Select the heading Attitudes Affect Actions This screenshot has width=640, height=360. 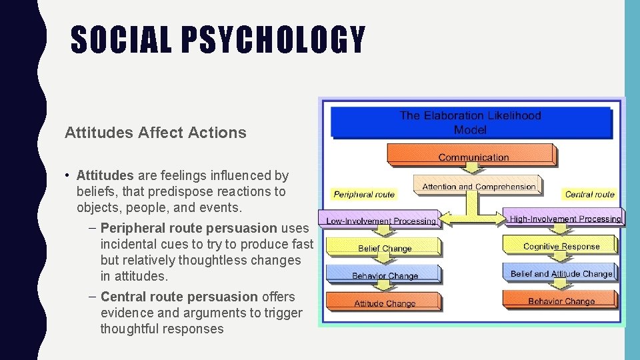tap(155, 133)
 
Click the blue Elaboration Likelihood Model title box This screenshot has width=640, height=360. tap(470, 122)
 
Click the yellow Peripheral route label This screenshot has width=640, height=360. tap(364, 195)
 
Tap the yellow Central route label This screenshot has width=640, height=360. tap(589, 195)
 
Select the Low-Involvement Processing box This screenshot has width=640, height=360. tap(381, 220)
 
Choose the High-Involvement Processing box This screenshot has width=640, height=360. tap(565, 218)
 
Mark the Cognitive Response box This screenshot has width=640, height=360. tap(561, 245)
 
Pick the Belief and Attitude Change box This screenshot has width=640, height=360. tap(561, 273)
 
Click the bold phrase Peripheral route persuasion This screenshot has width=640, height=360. tap(189, 229)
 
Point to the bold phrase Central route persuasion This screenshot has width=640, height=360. tap(179, 297)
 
